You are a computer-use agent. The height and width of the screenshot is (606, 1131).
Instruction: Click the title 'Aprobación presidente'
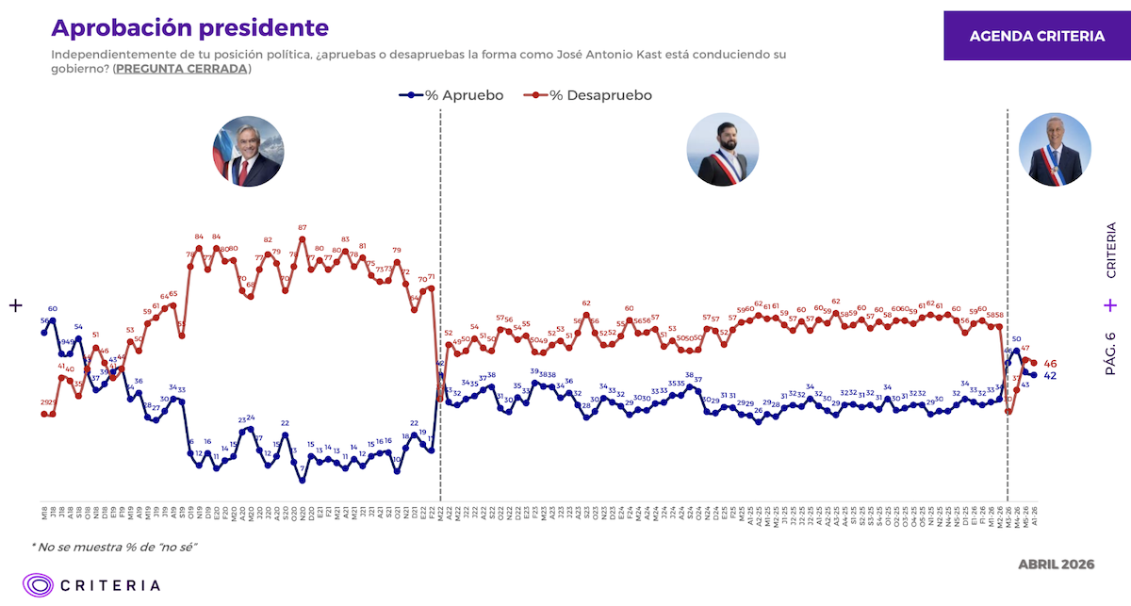coord(189,28)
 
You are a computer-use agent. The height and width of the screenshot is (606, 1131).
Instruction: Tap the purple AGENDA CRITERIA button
coord(1037,37)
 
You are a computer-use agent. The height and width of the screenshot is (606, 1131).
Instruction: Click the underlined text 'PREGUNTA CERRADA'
coord(181,69)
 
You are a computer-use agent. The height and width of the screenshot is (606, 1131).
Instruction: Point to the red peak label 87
coord(302,227)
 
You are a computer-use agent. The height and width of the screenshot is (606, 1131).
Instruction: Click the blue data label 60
coord(53,309)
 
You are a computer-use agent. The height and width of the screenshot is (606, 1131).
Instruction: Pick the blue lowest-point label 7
coord(302,467)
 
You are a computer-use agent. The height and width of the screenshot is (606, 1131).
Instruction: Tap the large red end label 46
coord(1051,364)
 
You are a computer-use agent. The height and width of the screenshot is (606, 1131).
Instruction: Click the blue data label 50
coord(1016,339)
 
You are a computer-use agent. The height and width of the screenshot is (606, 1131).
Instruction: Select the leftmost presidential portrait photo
coord(248,152)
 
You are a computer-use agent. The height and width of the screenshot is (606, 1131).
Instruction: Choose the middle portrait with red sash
coord(723,150)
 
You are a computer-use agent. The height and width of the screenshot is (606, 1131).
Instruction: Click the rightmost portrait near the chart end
coord(1055,150)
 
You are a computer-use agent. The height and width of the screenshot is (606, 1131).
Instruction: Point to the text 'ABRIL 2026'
coord(1056,564)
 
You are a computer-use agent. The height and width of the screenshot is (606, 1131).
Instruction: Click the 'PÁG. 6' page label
coord(1110,354)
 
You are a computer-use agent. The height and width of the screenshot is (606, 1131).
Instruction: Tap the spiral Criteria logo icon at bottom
coord(38,584)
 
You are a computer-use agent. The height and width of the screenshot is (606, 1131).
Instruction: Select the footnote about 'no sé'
coord(114,547)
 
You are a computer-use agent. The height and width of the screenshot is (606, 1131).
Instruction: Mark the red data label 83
coord(345,239)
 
